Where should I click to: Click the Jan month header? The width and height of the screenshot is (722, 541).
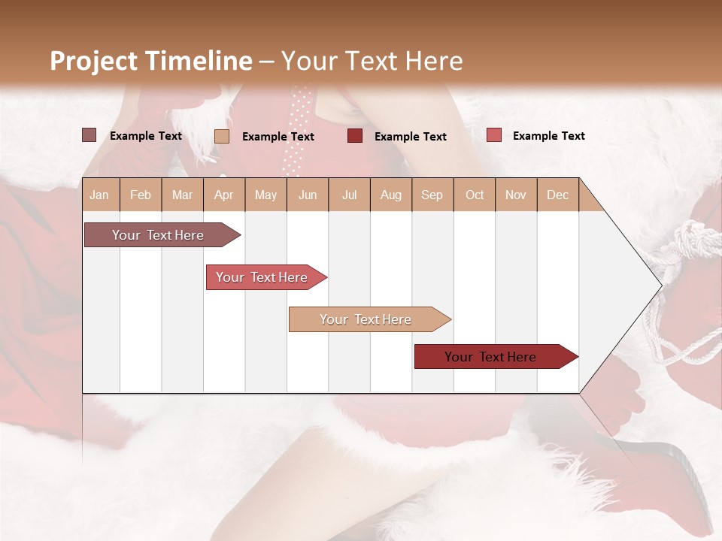(99, 195)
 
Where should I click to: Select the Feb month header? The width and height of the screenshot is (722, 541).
(141, 195)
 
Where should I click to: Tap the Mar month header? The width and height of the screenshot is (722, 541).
(182, 195)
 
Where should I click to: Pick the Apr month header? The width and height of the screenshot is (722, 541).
(223, 195)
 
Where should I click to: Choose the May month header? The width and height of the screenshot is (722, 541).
(265, 195)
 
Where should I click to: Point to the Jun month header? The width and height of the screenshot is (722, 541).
(308, 195)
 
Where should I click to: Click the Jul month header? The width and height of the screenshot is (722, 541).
(349, 195)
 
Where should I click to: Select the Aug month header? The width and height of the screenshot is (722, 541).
(390, 195)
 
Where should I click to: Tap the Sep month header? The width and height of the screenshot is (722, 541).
(432, 195)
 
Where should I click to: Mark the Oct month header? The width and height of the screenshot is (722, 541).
(475, 195)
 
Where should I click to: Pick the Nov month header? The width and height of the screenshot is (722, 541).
(516, 195)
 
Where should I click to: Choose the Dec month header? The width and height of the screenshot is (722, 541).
(557, 195)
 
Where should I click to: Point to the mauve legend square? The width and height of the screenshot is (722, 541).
(89, 135)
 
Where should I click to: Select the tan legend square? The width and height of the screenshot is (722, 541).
(221, 136)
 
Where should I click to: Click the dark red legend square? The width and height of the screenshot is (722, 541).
(355, 136)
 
